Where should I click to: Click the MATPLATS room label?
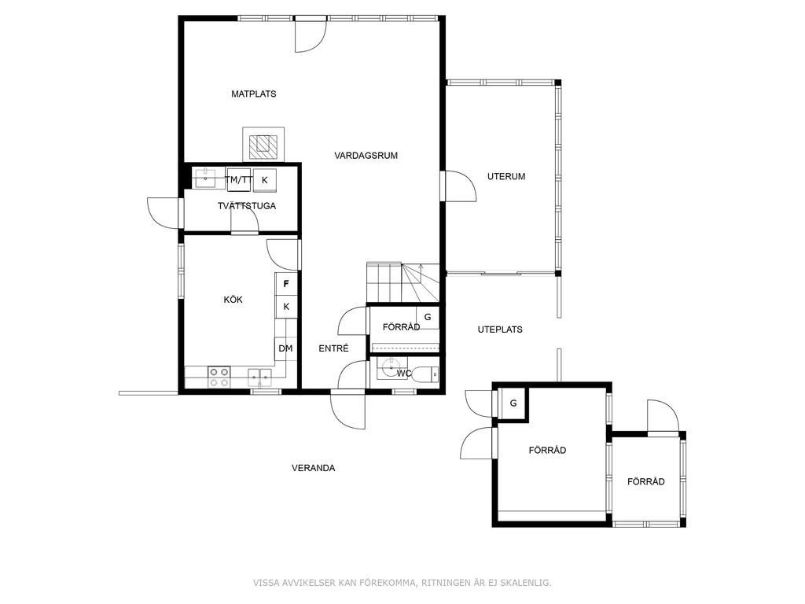pyautogui.click(x=254, y=94)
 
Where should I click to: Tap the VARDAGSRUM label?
pyautogui.click(x=366, y=156)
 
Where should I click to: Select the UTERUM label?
pyautogui.click(x=506, y=177)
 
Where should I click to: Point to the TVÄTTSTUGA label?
pyautogui.click(x=246, y=206)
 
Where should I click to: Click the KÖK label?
pyautogui.click(x=233, y=300)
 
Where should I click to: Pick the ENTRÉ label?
pyautogui.click(x=333, y=348)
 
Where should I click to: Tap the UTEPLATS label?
pyautogui.click(x=500, y=330)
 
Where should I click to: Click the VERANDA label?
pyautogui.click(x=313, y=469)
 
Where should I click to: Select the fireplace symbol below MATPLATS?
pyautogui.click(x=263, y=144)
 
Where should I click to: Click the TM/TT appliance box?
pyautogui.click(x=239, y=180)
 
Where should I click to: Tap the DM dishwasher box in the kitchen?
pyautogui.click(x=285, y=348)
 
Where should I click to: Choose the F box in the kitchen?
pyautogui.click(x=286, y=283)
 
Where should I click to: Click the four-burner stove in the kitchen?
pyautogui.click(x=219, y=377)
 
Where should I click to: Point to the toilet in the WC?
pyautogui.click(x=426, y=374)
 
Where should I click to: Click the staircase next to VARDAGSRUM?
pyautogui.click(x=403, y=283)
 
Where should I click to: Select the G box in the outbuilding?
pyautogui.click(x=513, y=403)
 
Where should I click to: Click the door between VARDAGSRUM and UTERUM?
pyautogui.click(x=460, y=186)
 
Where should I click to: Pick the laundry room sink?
pyautogui.click(x=207, y=179)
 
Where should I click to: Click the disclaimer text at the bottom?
pyautogui.click(x=402, y=583)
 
